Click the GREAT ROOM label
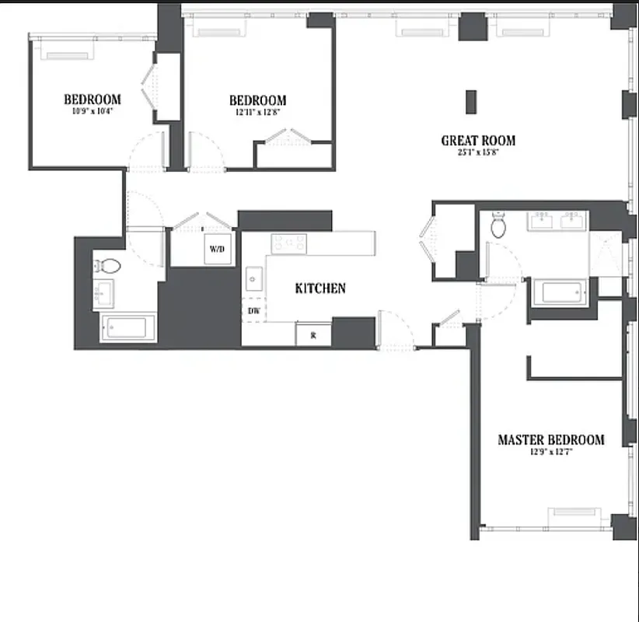point(478,141)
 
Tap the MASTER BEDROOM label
point(550,439)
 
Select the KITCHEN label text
point(320,288)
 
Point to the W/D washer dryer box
point(216,250)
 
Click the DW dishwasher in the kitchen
point(253,311)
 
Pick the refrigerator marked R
point(313,335)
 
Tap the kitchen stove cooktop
point(288,243)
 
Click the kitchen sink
point(253,278)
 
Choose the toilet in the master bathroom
point(499,226)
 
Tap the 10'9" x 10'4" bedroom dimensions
point(92,110)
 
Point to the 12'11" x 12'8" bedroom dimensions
point(257,112)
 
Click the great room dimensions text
point(478,152)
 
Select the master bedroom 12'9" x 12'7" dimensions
point(550,452)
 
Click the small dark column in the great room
point(470,102)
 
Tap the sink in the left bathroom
point(103,295)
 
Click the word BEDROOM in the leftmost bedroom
point(92,99)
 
